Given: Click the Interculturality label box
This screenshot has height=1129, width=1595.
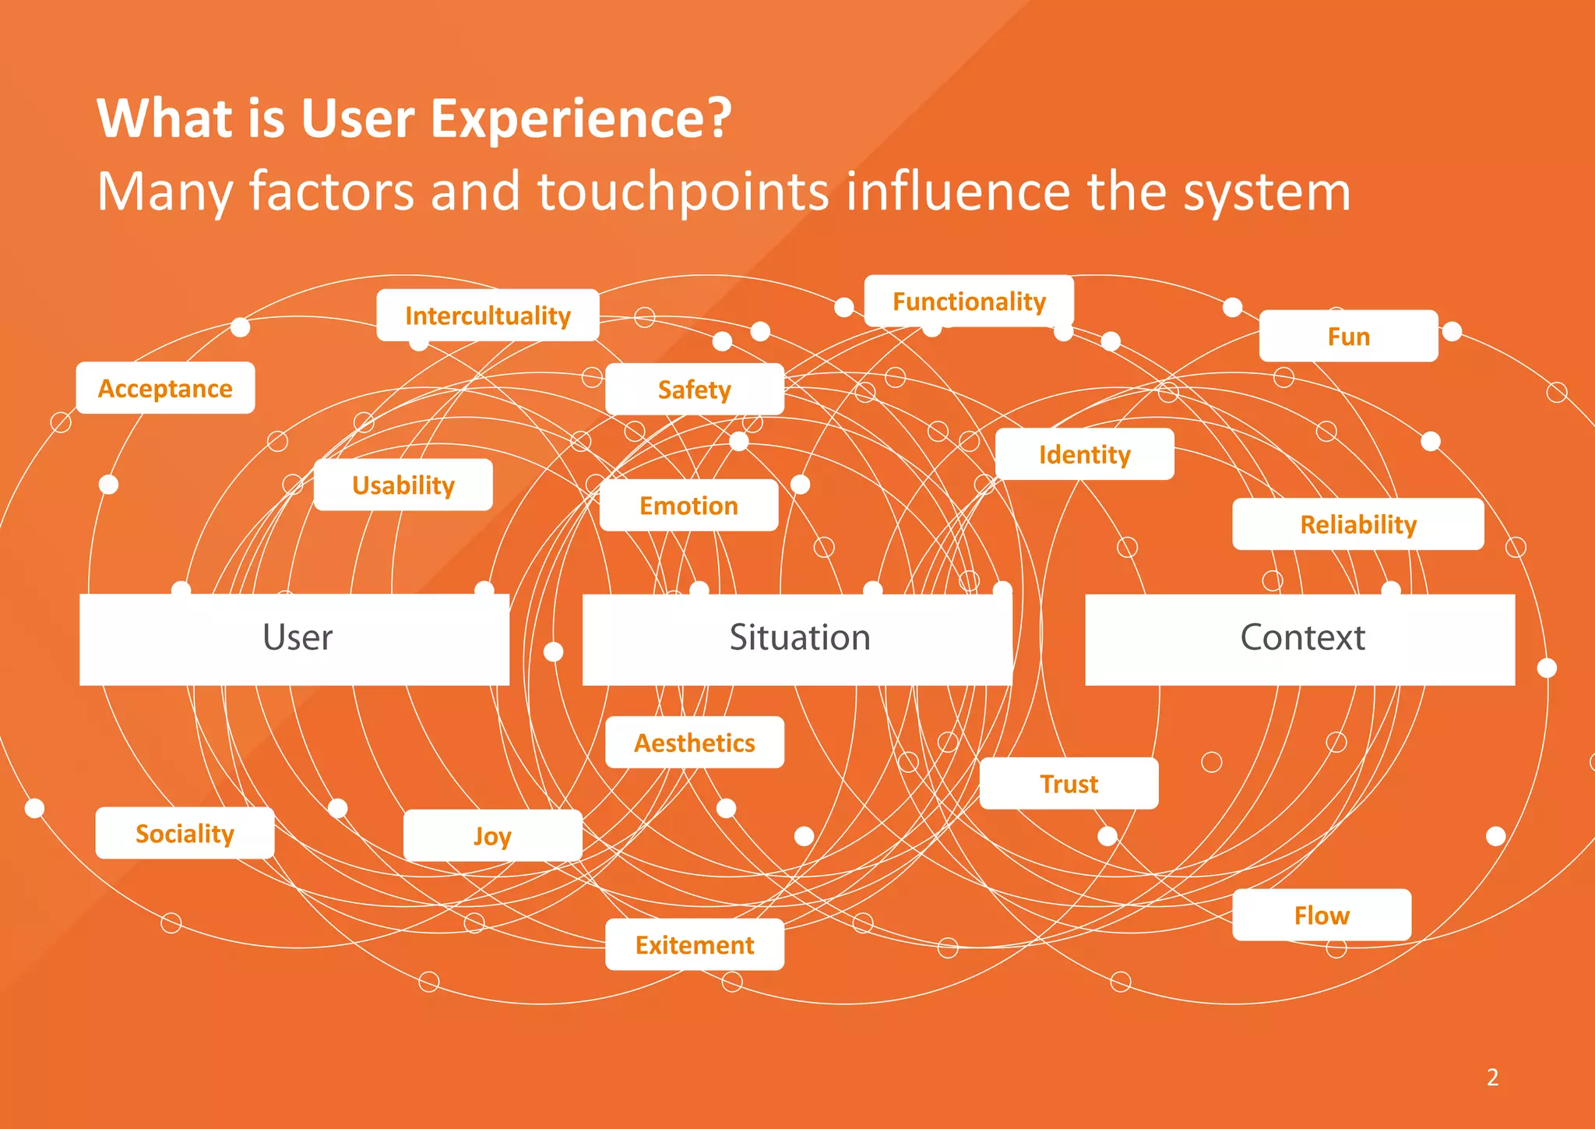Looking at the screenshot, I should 488,316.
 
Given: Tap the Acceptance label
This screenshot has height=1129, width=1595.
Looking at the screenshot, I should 165,388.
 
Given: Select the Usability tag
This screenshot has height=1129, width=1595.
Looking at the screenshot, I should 403,485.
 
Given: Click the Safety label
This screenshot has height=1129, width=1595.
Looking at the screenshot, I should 694,389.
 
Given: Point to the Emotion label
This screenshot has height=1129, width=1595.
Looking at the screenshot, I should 688,506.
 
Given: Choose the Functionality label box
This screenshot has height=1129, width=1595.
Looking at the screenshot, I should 969,302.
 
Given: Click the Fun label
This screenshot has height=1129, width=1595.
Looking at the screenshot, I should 1348,337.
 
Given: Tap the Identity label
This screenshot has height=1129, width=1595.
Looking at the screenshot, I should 1084,454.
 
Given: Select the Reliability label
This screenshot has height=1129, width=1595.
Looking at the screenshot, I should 1357,524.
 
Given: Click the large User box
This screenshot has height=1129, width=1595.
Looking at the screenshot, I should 295,639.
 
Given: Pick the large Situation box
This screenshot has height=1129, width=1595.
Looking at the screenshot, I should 798,639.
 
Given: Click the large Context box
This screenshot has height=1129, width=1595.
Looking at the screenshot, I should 1301,639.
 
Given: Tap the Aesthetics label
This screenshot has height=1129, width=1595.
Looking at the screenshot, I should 694,743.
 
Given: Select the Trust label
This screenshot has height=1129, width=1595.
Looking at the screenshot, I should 1069,784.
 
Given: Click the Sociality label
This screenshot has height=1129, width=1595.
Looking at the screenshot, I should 185,834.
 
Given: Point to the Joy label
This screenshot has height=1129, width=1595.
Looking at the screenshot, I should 492,836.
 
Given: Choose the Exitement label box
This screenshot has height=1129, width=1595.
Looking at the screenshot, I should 694,944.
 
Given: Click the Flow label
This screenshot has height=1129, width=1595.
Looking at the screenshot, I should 1322,915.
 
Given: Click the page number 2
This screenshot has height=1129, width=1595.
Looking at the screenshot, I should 1492,1077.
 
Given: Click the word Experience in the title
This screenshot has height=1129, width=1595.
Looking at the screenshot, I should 580,118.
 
